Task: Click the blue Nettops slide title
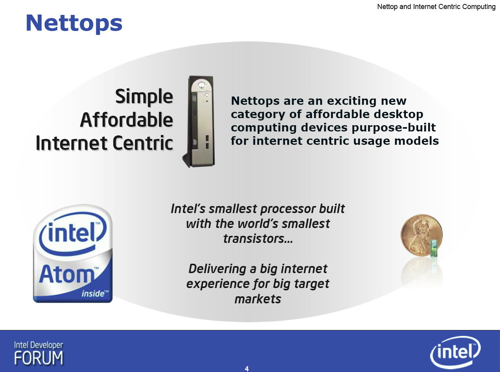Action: point(74,24)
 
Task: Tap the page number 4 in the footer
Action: point(247,368)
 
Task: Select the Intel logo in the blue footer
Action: point(455,352)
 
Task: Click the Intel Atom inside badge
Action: point(73,253)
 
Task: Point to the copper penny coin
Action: point(421,235)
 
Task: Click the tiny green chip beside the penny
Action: point(434,248)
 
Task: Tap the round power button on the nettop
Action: point(201,85)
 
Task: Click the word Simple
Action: point(144,97)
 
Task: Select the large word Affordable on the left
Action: point(126,119)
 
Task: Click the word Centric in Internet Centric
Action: point(143,143)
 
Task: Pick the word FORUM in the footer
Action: point(38,358)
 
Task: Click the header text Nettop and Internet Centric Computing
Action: point(436,7)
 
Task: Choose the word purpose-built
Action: point(394,128)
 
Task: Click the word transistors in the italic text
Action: point(258,239)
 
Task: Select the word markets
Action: point(258,299)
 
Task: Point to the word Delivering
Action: point(217,269)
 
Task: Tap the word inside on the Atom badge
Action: point(93,294)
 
